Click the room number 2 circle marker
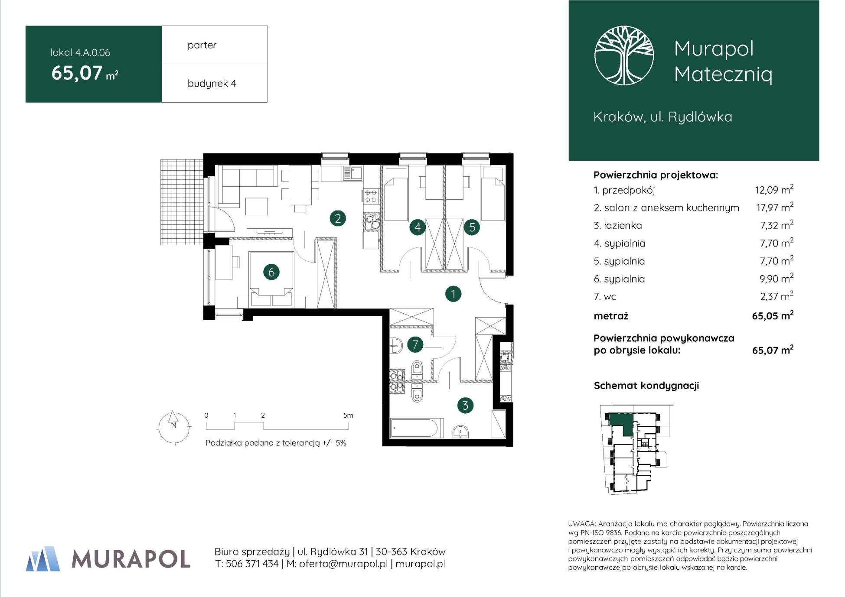point(338,218)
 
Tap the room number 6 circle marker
point(271,272)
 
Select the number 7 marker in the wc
point(415,344)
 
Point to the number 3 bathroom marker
point(465,406)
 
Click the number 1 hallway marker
point(453,294)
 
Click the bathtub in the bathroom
point(417,428)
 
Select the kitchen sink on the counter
point(353,174)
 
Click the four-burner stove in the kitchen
point(371,196)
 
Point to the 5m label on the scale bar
point(348,415)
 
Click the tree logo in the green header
point(624,55)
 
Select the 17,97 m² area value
point(775,207)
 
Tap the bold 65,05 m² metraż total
point(773,315)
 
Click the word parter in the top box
point(202,45)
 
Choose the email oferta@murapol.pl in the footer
point(343,564)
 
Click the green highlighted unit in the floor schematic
point(621,423)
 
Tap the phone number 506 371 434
point(252,564)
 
